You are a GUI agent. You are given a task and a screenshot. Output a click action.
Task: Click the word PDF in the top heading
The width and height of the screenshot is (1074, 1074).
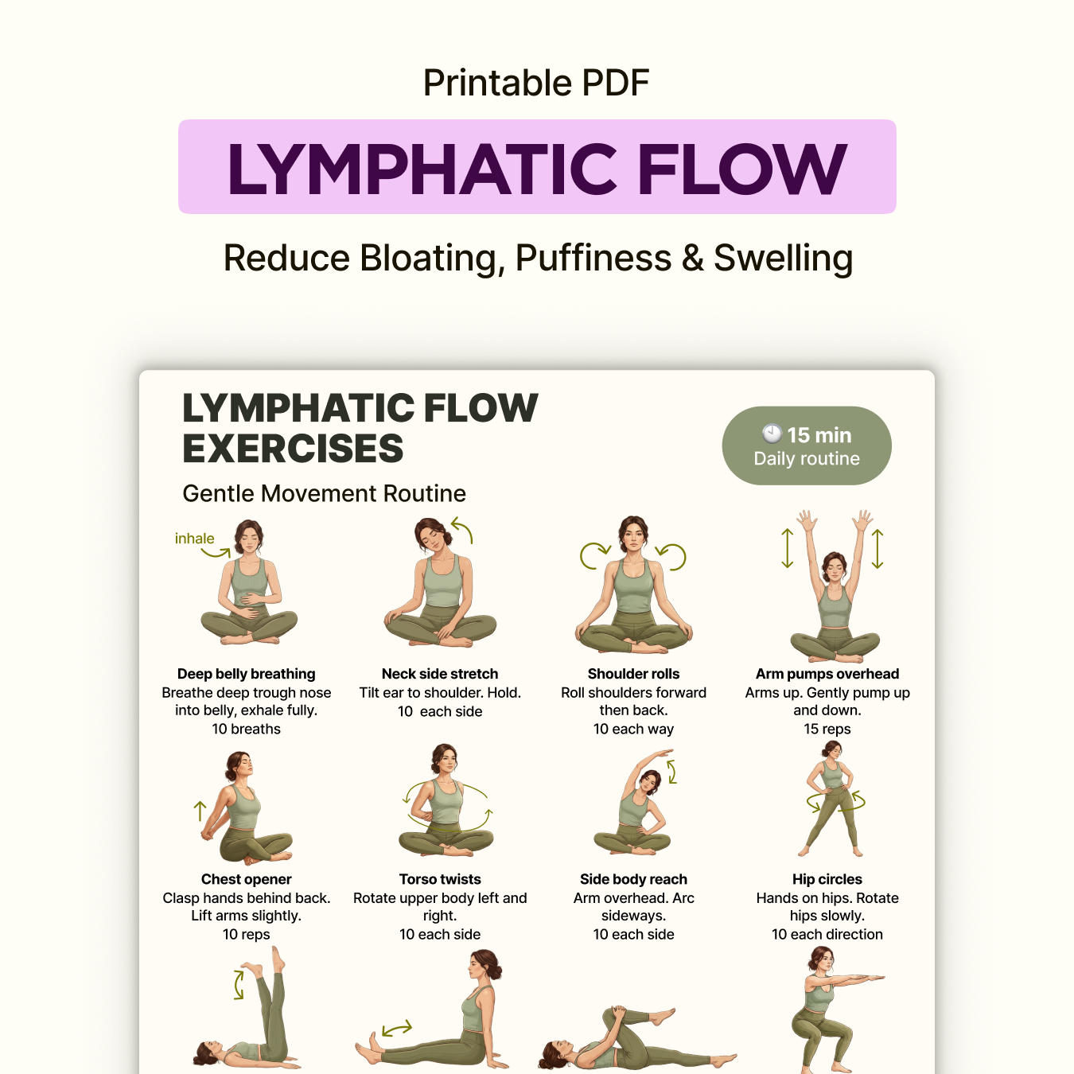(615, 83)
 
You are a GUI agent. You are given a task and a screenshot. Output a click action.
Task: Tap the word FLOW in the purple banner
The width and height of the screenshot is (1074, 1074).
(741, 169)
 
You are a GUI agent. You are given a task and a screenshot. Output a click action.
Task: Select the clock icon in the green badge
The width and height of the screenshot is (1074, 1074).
(772, 434)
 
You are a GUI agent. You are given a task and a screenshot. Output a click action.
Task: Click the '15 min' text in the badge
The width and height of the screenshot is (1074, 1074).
(819, 435)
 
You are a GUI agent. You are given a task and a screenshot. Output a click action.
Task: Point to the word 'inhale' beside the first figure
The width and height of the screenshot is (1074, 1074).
(194, 539)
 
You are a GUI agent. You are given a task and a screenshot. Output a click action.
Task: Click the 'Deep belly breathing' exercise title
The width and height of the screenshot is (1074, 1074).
(246, 674)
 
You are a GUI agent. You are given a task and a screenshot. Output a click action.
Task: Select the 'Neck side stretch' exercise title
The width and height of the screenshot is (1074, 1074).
(440, 674)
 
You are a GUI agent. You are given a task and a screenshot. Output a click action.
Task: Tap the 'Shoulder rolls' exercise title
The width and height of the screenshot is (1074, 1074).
(633, 674)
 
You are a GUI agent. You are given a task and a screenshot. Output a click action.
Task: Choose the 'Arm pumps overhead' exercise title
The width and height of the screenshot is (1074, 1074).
(827, 674)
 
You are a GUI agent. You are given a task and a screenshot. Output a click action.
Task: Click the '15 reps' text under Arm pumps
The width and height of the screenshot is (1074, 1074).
(827, 729)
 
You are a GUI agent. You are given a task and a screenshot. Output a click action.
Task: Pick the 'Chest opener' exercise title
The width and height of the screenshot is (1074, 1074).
(246, 879)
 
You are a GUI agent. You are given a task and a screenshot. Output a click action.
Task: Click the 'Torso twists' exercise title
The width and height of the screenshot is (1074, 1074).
(440, 879)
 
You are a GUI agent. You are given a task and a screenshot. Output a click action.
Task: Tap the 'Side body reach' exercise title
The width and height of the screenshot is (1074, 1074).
(633, 879)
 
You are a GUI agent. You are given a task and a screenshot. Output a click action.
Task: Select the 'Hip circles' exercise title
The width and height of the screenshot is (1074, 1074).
(827, 879)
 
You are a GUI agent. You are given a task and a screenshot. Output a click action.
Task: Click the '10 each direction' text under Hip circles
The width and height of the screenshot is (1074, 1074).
(827, 934)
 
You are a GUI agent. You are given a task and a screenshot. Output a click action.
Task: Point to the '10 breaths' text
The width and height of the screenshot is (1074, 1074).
(246, 729)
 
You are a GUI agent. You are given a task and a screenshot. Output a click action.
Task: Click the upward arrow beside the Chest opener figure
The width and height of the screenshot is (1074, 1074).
(200, 811)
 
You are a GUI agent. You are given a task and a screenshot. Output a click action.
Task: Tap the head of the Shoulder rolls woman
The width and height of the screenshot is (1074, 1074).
(633, 534)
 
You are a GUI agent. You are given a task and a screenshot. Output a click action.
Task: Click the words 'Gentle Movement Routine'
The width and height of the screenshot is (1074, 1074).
(324, 493)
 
